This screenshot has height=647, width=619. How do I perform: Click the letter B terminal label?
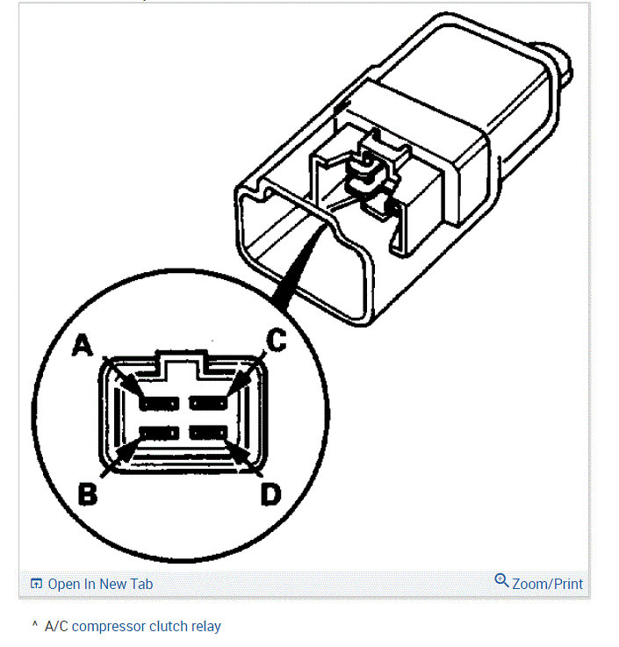click(88, 494)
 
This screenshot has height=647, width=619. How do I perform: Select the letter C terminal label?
click(276, 341)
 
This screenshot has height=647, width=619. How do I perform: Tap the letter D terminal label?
click(270, 495)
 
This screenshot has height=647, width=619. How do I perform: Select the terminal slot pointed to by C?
click(210, 403)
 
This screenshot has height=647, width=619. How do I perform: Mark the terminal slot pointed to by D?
click(209, 433)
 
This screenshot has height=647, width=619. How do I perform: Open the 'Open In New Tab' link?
click(100, 584)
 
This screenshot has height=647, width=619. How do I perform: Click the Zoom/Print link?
click(547, 584)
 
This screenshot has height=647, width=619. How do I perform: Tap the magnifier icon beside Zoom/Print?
click(501, 580)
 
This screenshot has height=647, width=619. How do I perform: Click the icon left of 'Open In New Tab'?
click(36, 584)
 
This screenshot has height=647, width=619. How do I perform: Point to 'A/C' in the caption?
click(56, 627)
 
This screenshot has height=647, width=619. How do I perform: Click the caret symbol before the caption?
click(35, 625)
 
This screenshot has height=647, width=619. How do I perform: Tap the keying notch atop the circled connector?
click(183, 362)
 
